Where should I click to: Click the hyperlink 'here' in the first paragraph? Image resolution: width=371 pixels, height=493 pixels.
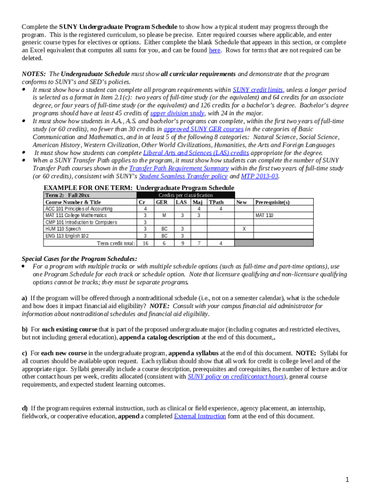[x=214, y=50]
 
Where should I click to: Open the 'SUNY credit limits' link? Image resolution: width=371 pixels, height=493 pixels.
[x=258, y=90]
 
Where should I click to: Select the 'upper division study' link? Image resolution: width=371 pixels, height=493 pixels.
[x=178, y=113]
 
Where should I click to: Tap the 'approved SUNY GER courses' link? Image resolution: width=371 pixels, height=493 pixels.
[x=204, y=129]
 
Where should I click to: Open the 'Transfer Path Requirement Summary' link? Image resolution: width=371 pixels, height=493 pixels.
[x=179, y=168]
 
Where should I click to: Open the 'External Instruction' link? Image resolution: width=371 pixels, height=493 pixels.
[x=199, y=416]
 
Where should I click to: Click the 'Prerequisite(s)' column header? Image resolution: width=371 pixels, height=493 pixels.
[x=272, y=202]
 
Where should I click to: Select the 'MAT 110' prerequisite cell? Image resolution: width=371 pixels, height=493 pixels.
[x=265, y=216]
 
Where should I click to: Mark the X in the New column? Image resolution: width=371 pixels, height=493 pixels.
[x=244, y=229]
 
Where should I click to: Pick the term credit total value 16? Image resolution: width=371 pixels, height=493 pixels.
[x=145, y=243]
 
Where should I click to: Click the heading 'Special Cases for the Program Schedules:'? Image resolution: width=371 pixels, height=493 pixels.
[x=79, y=258]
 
